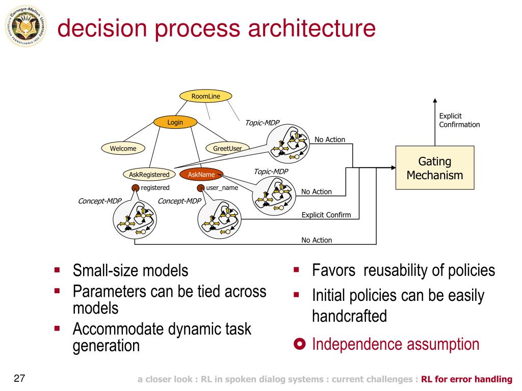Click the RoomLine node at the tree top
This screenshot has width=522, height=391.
tap(206, 96)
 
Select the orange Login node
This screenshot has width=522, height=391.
tap(175, 122)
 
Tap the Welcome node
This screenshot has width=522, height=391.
tap(123, 148)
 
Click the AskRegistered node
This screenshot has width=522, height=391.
tap(149, 175)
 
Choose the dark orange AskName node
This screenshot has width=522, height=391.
tap(201, 175)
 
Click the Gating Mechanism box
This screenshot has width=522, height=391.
tap(435, 168)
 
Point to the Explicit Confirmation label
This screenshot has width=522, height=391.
tap(459, 120)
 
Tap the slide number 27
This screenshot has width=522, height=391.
tap(20, 379)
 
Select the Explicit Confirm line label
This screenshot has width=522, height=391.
tap(326, 215)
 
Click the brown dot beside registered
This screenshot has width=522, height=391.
tap(136, 188)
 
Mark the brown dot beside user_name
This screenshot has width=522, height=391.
tap(201, 188)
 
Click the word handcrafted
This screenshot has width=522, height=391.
tap(349, 316)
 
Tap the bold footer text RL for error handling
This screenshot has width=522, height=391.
tap(466, 379)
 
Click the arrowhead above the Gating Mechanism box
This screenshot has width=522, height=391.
tap(435, 101)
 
